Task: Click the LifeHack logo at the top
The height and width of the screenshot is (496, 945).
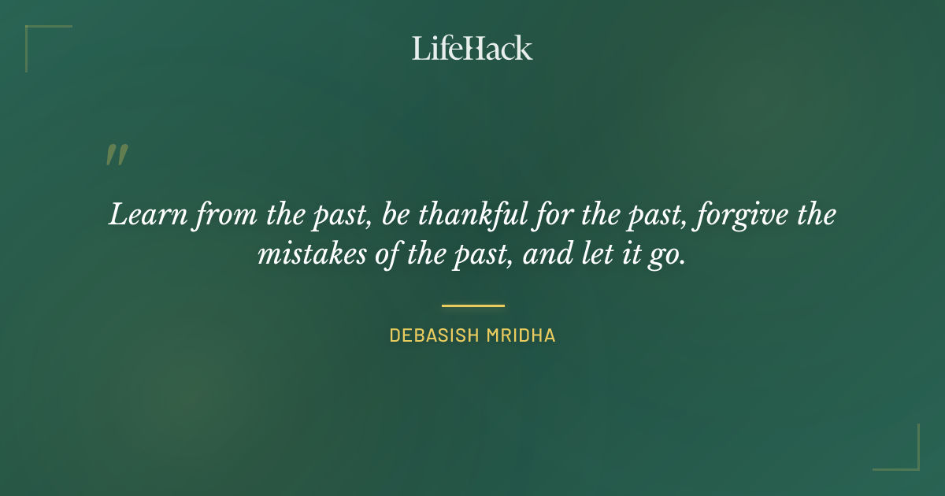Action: pyautogui.click(x=472, y=48)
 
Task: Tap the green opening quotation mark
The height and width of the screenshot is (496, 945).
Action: pyautogui.click(x=117, y=155)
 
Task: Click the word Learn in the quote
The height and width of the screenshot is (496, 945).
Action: pyautogui.click(x=138, y=215)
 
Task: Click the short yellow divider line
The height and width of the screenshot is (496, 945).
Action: pyautogui.click(x=472, y=305)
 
